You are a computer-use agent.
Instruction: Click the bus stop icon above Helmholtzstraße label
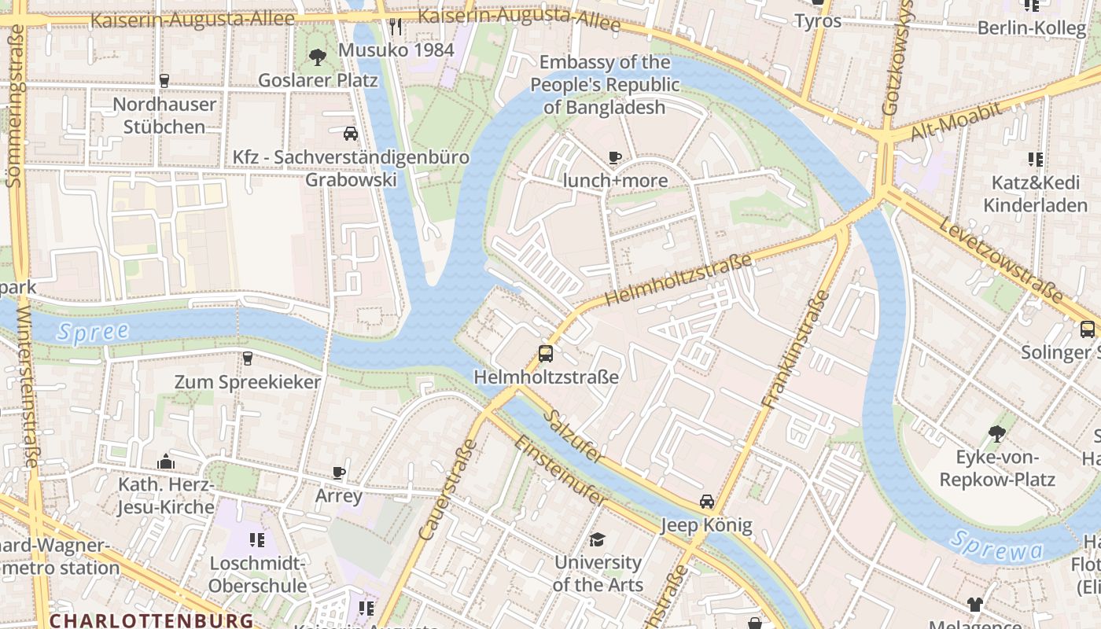tap(546, 353)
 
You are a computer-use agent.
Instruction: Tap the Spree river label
tap(93, 331)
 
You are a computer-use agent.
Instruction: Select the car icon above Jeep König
tap(707, 502)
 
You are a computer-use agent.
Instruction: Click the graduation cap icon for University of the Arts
tap(598, 539)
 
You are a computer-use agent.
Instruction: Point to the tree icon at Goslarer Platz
tap(318, 57)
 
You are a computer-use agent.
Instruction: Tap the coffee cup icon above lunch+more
tap(615, 158)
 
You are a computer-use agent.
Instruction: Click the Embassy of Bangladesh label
tap(605, 85)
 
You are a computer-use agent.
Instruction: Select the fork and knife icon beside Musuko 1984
tap(396, 28)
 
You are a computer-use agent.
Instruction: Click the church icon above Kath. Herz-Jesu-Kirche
tap(166, 461)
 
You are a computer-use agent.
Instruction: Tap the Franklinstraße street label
tap(796, 349)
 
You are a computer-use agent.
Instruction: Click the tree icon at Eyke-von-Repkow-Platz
tap(996, 433)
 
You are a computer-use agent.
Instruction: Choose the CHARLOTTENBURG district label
tap(151, 620)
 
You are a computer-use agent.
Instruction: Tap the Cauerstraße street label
tap(449, 489)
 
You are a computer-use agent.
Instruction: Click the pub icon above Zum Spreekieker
tap(248, 359)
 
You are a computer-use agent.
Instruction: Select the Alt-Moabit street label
tap(956, 123)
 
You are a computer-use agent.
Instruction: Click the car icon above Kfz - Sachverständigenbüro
tap(351, 134)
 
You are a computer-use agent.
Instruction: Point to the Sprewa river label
tap(996, 546)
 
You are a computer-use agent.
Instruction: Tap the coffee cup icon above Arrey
tap(339, 473)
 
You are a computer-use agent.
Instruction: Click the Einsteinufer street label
tap(560, 471)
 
